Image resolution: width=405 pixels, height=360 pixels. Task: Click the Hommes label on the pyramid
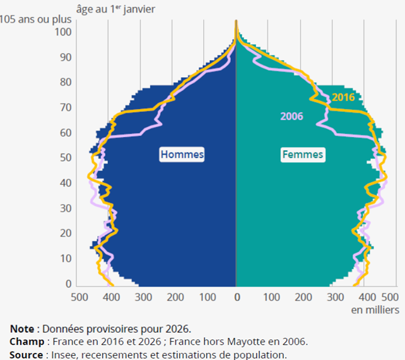click(182, 155)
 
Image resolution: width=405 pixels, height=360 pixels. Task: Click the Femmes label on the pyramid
click(303, 155)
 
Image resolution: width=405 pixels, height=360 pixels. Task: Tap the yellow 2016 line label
click(343, 97)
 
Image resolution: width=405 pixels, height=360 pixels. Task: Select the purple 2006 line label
click(291, 116)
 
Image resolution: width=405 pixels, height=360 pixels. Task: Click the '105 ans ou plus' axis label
click(35, 20)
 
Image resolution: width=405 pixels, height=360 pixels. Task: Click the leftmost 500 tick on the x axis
click(79, 297)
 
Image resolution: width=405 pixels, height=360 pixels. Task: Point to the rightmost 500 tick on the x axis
click(390, 297)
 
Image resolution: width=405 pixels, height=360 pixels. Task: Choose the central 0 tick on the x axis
click(237, 297)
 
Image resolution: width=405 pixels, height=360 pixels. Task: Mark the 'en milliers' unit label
click(375, 310)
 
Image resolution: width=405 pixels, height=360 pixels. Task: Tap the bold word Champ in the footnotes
click(25, 342)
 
